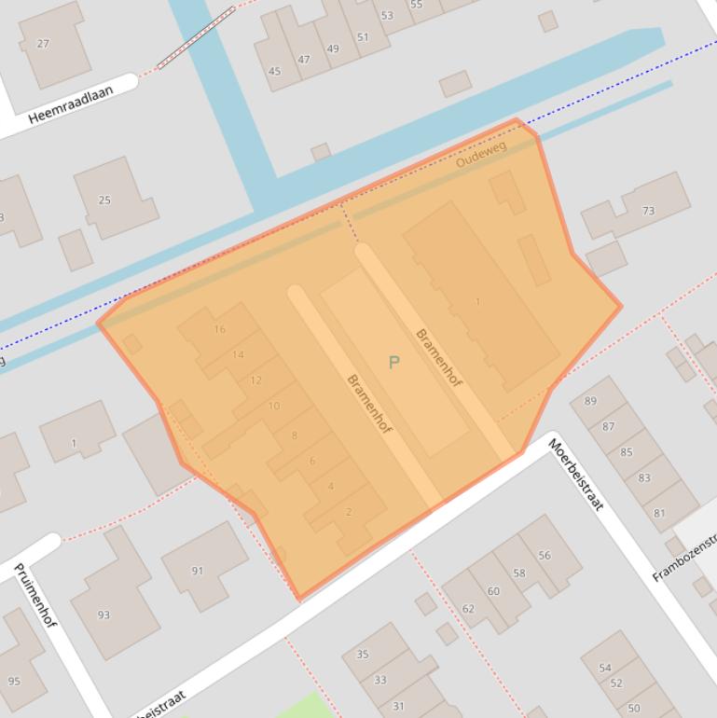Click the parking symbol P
coord(393,362)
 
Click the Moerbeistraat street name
coord(575,475)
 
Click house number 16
coord(220,329)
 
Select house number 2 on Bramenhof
coord(349,511)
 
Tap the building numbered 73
coord(648,211)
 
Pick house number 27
coord(43,44)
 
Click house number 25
coord(104,200)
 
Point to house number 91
coord(197,571)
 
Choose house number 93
coord(103,614)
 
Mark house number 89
coord(590,401)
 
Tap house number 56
coord(545,555)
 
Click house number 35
coord(363,655)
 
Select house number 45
coord(274,71)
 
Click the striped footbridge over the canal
coord(196,37)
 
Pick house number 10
coord(273,406)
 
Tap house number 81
coord(660,513)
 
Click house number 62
coord(468,608)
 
